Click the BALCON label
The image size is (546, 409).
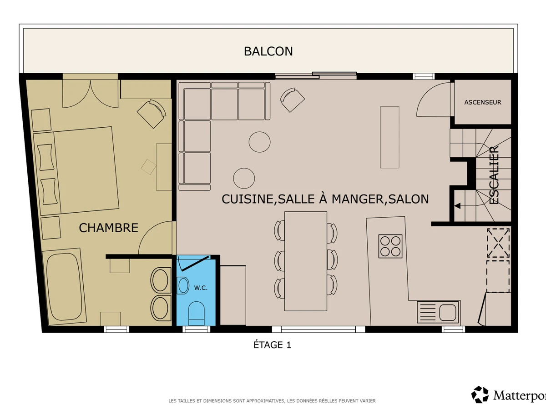[268, 51]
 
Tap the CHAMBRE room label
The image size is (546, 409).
[108, 228]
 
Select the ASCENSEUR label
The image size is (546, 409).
[483, 102]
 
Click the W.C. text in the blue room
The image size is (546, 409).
[201, 288]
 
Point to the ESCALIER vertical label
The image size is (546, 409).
[494, 175]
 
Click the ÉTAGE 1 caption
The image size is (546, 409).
[272, 344]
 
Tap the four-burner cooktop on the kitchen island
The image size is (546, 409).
[390, 246]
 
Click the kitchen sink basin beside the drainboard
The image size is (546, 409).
[448, 312]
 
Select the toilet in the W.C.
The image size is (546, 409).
[197, 314]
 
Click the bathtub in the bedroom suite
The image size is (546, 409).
[65, 287]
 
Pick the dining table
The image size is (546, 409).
[306, 261]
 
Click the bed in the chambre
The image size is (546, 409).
[76, 171]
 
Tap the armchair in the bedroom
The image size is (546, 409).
[152, 114]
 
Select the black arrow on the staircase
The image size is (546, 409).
[457, 206]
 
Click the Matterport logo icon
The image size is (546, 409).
[480, 394]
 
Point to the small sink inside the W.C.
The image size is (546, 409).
[183, 285]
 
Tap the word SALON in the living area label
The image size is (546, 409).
[409, 199]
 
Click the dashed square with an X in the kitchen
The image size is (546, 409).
[498, 243]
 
